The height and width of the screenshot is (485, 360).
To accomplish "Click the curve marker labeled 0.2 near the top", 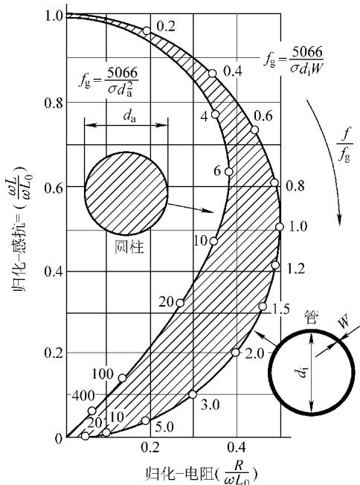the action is click(147, 31).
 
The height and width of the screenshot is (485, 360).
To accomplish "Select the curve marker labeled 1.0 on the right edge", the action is click(280, 227).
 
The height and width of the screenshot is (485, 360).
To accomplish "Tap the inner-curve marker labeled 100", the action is click(123, 378).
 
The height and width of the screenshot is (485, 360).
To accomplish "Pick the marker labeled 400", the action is click(92, 411).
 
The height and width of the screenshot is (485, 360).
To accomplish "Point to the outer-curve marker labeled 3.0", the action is click(193, 394).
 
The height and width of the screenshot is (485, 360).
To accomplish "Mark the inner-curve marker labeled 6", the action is click(229, 172).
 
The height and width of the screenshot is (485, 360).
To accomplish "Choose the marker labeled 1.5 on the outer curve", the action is click(263, 306).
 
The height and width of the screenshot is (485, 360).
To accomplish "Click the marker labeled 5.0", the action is click(146, 421).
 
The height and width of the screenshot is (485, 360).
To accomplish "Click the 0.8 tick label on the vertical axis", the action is click(54, 103).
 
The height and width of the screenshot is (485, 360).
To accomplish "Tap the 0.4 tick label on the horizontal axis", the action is click(237, 447).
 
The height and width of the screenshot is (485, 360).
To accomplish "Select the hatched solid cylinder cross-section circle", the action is click(126, 193).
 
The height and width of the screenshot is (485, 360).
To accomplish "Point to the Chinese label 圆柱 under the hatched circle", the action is click(129, 248).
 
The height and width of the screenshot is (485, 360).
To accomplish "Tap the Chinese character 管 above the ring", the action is click(311, 317).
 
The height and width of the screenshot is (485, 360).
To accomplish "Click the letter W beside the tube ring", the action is click(344, 321).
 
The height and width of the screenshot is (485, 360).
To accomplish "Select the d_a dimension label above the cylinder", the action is click(129, 116).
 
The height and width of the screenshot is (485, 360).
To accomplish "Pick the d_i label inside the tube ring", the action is click(303, 373).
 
